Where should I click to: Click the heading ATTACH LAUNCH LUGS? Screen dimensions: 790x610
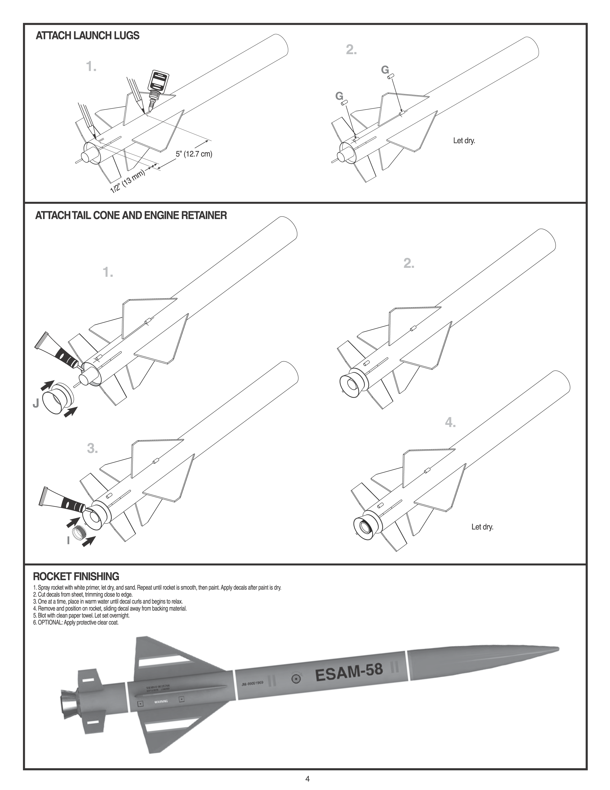point(88,36)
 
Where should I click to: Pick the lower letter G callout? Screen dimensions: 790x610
point(339,96)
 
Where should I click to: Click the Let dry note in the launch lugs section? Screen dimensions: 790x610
point(464,141)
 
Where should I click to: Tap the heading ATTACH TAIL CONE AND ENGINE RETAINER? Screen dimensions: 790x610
point(131,216)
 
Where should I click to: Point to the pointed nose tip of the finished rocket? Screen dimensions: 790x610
point(558,648)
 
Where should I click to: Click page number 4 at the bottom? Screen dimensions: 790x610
point(308,779)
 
